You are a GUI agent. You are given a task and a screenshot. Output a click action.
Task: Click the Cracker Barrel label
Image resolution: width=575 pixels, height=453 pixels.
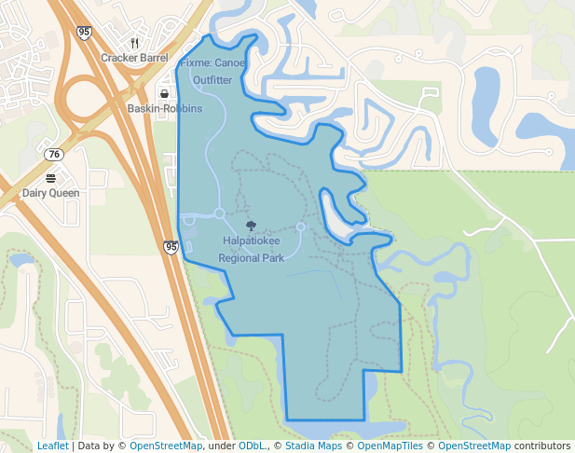pyautogui.click(x=134, y=58)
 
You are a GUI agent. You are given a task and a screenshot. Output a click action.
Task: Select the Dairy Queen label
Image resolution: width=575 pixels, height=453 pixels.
pyautogui.click(x=50, y=193)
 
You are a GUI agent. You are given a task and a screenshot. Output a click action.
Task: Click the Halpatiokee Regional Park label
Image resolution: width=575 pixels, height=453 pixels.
pyautogui.click(x=251, y=249)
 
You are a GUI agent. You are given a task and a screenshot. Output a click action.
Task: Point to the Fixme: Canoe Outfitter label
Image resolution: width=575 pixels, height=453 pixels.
pyautogui.click(x=212, y=72)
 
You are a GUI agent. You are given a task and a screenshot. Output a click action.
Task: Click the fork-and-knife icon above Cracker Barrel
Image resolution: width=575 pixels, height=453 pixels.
pyautogui.click(x=134, y=43)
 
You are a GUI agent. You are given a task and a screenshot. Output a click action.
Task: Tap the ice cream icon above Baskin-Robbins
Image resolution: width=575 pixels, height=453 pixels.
pyautogui.click(x=164, y=93)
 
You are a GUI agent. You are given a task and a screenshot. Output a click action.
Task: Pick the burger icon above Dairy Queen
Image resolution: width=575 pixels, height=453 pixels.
pyautogui.click(x=50, y=178)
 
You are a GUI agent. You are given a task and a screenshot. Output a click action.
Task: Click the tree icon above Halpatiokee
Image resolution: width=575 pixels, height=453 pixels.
pyautogui.click(x=251, y=226)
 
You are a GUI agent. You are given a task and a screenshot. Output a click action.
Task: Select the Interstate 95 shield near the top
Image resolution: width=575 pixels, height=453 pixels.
pyautogui.click(x=85, y=33)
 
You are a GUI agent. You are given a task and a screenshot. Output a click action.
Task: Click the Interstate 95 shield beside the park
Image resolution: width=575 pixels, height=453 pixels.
pyautogui.click(x=171, y=247)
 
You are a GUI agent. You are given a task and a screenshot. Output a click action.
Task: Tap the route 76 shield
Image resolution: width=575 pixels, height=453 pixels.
pyautogui.click(x=54, y=154)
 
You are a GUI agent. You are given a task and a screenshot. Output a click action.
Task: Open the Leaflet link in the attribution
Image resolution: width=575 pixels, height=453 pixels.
pyautogui.click(x=53, y=446)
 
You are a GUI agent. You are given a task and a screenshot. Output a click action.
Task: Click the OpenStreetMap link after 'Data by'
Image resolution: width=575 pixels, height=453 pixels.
pyautogui.click(x=166, y=446)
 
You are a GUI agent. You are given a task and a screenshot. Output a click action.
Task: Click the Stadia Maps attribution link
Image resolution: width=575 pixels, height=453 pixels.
pyautogui.click(x=312, y=446)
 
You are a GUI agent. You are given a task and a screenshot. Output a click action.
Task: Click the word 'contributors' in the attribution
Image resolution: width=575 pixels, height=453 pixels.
pyautogui.click(x=542, y=446)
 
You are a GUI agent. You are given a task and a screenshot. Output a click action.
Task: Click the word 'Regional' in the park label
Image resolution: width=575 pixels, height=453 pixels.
pyautogui.click(x=238, y=258)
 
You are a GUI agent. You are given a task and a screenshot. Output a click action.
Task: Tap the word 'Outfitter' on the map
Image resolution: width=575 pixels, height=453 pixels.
pyautogui.click(x=212, y=80)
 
